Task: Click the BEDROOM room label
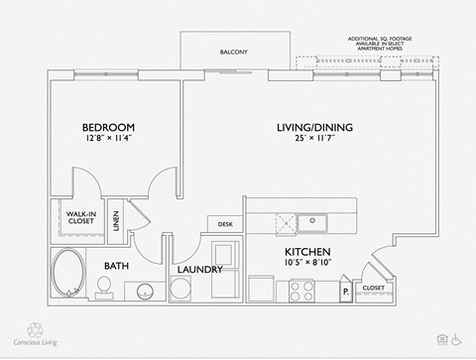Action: click(x=108, y=128)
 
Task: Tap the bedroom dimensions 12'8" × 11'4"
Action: click(x=109, y=140)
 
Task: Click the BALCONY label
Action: click(x=234, y=52)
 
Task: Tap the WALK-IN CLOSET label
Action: click(x=80, y=218)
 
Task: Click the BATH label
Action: click(x=118, y=265)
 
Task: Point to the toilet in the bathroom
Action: click(x=102, y=287)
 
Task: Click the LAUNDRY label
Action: click(x=199, y=270)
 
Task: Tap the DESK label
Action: click(x=225, y=224)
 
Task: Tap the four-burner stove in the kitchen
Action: click(x=300, y=290)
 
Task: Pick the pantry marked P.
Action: click(x=344, y=292)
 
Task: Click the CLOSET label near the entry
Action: click(x=373, y=288)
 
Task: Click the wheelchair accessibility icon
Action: click(x=457, y=339)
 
